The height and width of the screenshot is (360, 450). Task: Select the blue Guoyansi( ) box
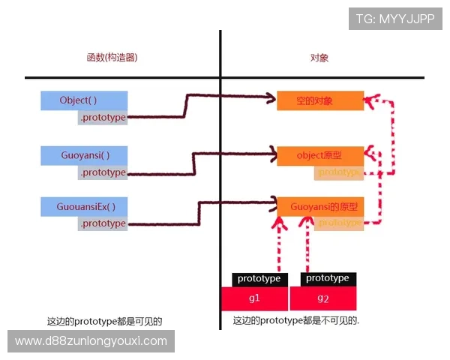point(83,156)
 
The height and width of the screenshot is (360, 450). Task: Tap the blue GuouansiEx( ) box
point(83,207)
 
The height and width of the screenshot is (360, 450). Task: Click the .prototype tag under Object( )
point(102,118)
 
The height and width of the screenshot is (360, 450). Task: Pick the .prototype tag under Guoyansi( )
point(102,172)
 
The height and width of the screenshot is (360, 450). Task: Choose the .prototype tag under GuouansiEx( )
point(102,223)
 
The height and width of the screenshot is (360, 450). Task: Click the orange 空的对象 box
point(320,100)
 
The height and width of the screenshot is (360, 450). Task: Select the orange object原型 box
point(320,155)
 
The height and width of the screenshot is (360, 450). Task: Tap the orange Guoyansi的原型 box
point(320,206)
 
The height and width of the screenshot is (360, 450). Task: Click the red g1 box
point(255,299)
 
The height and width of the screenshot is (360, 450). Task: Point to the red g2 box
point(323,299)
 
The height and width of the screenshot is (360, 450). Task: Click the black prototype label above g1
point(259,279)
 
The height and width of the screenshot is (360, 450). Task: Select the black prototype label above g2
point(328,278)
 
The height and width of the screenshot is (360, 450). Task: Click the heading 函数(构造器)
point(112,58)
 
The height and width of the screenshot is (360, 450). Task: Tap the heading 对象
point(319,58)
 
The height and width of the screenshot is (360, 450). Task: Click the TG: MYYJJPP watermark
point(395,19)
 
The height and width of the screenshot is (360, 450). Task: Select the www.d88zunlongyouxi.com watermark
point(91,341)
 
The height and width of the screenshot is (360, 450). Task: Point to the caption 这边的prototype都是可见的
point(104,322)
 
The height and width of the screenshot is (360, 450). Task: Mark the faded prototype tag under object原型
point(339,172)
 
